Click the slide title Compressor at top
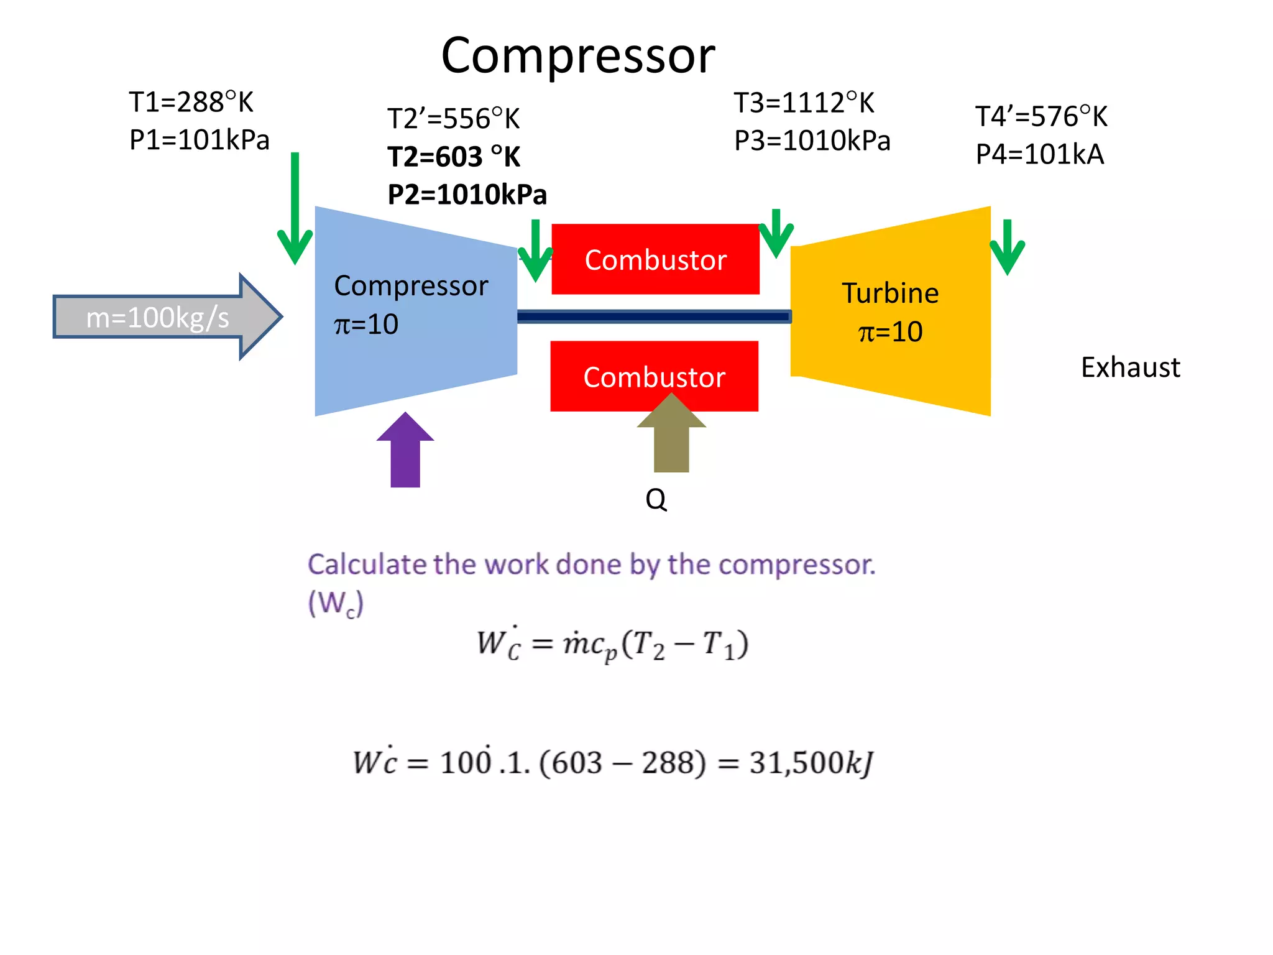click(577, 55)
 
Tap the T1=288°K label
click(191, 103)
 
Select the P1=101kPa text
click(199, 141)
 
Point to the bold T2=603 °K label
click(454, 157)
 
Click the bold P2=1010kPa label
click(467, 195)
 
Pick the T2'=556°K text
click(453, 119)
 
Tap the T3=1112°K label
click(804, 103)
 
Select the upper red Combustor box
click(655, 259)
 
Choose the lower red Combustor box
click(654, 376)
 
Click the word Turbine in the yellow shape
click(889, 293)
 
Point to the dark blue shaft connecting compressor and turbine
click(653, 317)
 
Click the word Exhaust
click(1129, 367)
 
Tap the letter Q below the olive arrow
click(656, 499)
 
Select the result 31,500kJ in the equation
click(811, 763)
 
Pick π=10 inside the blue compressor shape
click(366, 325)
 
